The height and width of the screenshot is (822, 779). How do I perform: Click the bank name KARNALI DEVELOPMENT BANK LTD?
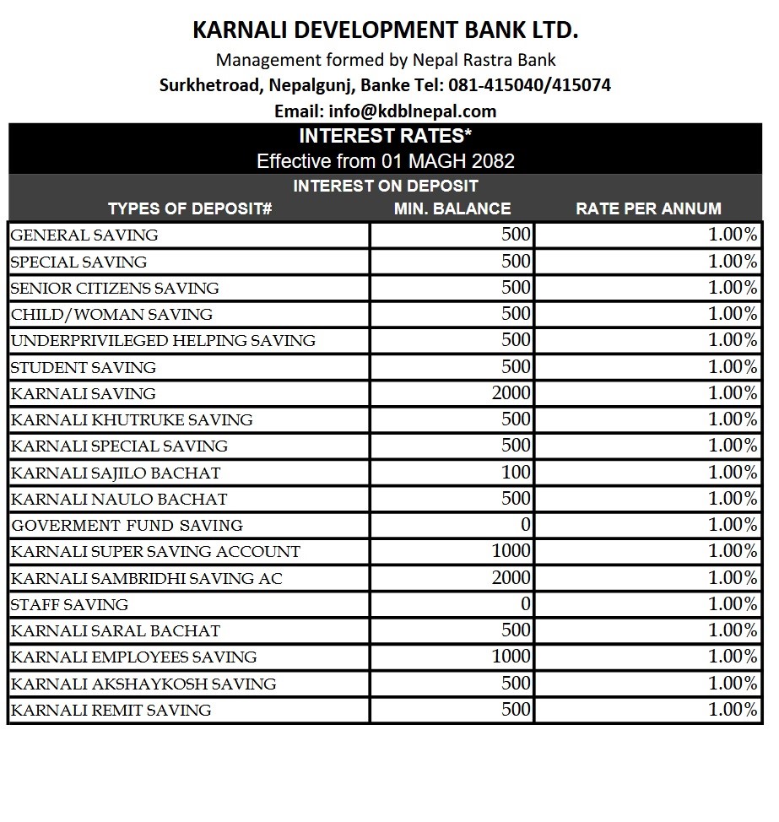386,30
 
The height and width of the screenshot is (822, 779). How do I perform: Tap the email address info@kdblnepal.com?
413,111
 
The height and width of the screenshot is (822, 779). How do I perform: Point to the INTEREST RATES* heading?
385,136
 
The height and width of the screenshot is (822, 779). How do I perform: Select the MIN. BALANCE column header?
452,208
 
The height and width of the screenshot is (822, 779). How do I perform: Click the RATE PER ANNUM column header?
648,208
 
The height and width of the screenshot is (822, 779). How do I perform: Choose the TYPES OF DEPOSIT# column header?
190,208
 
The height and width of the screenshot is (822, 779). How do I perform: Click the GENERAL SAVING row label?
84,235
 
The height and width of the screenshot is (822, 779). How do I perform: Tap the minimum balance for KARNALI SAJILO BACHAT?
517,473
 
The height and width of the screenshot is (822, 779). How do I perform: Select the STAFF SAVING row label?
69,604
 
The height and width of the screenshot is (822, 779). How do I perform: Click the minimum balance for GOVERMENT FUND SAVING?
525,525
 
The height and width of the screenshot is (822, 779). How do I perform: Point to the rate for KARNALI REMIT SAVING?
733,710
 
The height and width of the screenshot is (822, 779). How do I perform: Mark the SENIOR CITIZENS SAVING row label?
115,288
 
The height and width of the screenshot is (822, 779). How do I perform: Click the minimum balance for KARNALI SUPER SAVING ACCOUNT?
511,551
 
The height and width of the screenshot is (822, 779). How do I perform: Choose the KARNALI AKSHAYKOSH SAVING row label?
143,684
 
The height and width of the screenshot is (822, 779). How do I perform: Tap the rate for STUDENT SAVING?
733,367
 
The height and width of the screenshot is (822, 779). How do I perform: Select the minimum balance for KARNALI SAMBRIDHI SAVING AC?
511,578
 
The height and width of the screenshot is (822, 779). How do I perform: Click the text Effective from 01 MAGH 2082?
385,161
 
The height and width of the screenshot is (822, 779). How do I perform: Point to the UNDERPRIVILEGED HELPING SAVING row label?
163,341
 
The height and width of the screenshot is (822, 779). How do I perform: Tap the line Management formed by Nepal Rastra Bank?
386,60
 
